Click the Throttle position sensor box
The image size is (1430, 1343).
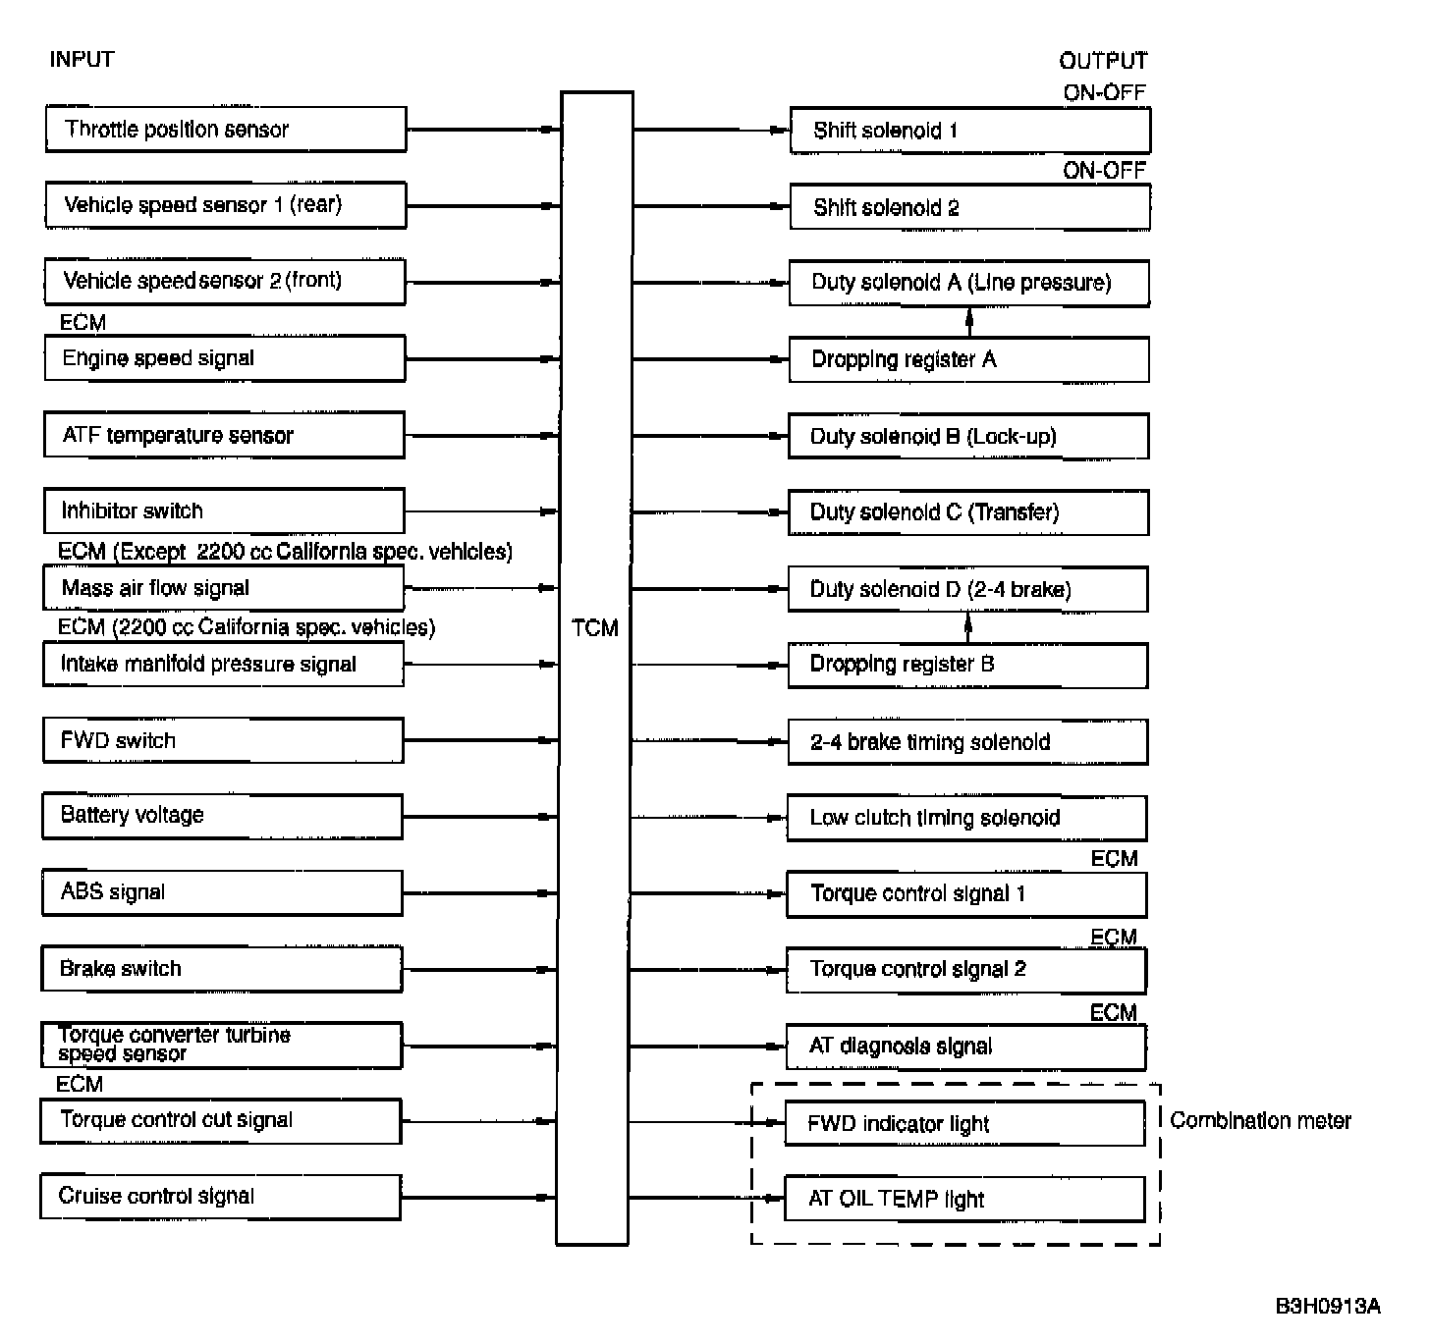pyautogui.click(x=226, y=130)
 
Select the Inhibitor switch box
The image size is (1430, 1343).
pyautogui.click(x=224, y=511)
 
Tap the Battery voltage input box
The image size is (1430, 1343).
pyautogui.click(x=223, y=816)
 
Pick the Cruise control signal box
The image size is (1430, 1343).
pyautogui.click(x=221, y=1197)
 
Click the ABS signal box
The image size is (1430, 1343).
pyautogui.click(x=223, y=892)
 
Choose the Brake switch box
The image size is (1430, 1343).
pyautogui.click(x=222, y=969)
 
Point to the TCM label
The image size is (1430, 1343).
pyautogui.click(x=595, y=628)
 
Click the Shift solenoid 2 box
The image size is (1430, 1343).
pyautogui.click(x=969, y=207)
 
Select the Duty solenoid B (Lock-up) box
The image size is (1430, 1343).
pyautogui.click(x=968, y=436)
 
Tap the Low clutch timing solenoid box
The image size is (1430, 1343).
pyautogui.click(x=967, y=818)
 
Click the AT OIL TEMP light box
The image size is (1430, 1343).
pyautogui.click(x=964, y=1199)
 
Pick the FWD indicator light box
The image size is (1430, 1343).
pyautogui.click(x=965, y=1123)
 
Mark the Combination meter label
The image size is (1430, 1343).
pyautogui.click(x=1260, y=1121)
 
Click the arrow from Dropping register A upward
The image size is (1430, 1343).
pyautogui.click(x=969, y=322)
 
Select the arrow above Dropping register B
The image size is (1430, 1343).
pyautogui.click(x=968, y=626)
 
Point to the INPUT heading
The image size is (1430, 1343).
pyautogui.click(x=82, y=60)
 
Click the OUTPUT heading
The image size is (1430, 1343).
pyautogui.click(x=1103, y=61)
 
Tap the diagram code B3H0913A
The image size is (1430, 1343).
pyautogui.click(x=1328, y=1306)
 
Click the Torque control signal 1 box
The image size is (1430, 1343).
pyautogui.click(x=966, y=893)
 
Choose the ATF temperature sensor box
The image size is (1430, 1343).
pyautogui.click(x=224, y=435)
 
